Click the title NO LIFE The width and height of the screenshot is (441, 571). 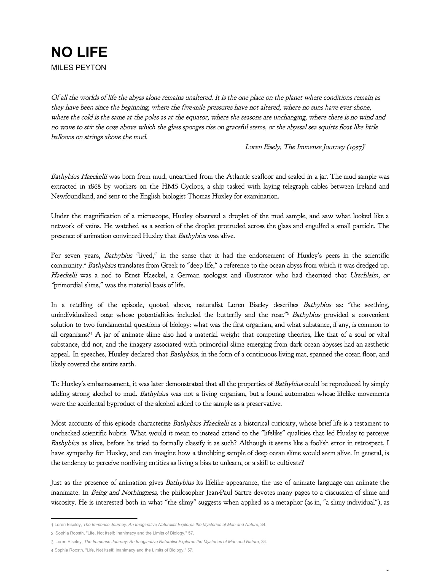pyautogui.click(x=79, y=52)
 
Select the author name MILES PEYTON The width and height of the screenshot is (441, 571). pyautogui.click(x=79, y=68)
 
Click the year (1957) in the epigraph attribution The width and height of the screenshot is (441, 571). pyautogui.click(x=356, y=147)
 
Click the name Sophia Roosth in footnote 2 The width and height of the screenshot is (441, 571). pyautogui.click(x=70, y=533)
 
